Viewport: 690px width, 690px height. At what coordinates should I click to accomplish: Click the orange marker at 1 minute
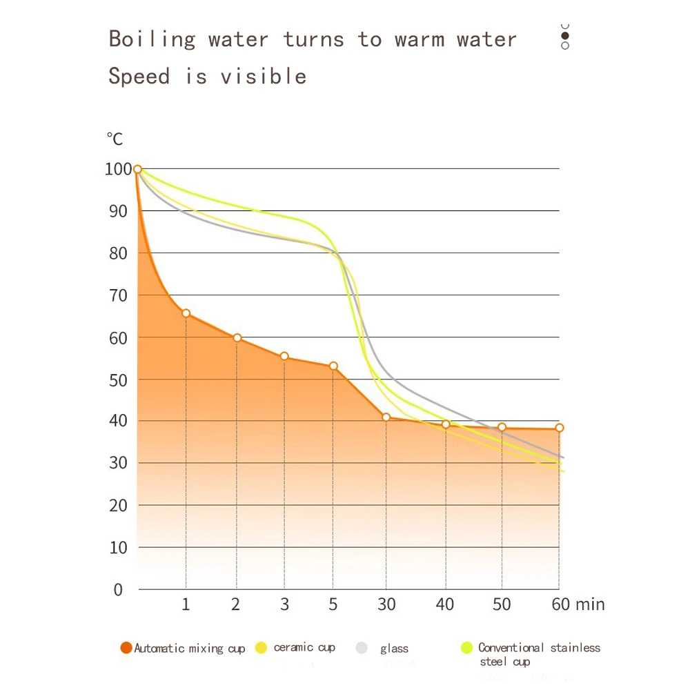[x=186, y=313]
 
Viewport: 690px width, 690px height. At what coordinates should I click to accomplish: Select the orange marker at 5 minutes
[x=333, y=366]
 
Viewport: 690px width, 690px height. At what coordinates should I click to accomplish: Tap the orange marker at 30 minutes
[x=386, y=417]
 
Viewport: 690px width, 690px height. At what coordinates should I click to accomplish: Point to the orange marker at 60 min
[x=559, y=428]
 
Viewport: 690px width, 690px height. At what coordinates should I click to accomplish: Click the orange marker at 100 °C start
[x=137, y=169]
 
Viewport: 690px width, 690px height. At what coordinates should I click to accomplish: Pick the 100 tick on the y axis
[x=117, y=169]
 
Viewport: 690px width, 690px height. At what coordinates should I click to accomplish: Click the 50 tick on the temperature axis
[x=119, y=379]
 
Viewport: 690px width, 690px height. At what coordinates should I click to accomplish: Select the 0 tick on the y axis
[x=118, y=590]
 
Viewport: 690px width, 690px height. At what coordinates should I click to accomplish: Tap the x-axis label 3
[x=284, y=604]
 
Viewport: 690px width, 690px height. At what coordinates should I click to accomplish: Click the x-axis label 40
[x=445, y=604]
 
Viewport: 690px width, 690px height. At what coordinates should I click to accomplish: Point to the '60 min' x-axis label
[x=578, y=604]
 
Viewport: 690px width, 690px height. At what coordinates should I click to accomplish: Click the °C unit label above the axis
[x=115, y=139]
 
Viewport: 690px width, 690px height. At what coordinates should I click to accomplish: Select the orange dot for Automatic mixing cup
[x=126, y=648]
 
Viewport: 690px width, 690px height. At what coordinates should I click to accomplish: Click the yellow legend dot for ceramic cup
[x=261, y=648]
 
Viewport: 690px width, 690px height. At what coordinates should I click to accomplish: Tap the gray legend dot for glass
[x=362, y=648]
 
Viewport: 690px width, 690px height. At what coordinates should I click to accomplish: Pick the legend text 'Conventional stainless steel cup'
[x=538, y=654]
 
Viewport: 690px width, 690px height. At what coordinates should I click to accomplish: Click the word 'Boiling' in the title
[x=152, y=39]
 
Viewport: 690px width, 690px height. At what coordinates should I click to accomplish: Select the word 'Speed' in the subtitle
[x=139, y=76]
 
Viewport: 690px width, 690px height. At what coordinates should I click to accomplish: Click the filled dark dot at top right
[x=565, y=35]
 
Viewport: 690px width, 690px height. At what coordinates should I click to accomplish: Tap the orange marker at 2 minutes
[x=237, y=338]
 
